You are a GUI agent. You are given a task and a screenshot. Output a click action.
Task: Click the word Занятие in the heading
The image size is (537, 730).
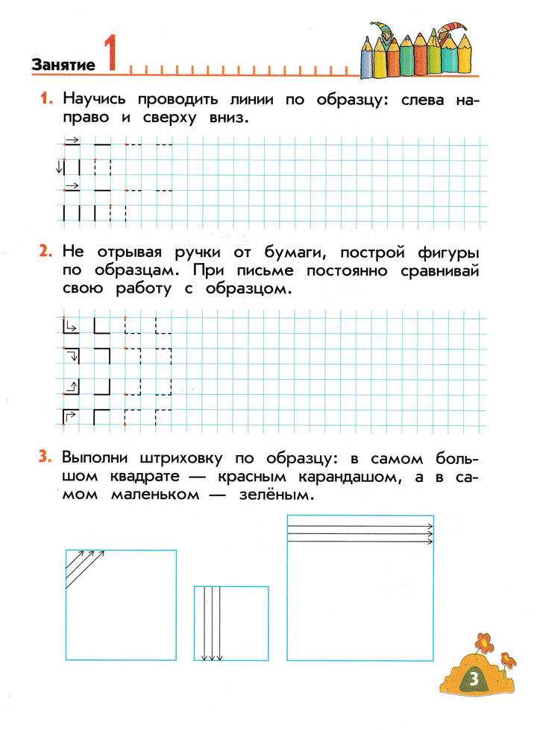click(63, 65)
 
